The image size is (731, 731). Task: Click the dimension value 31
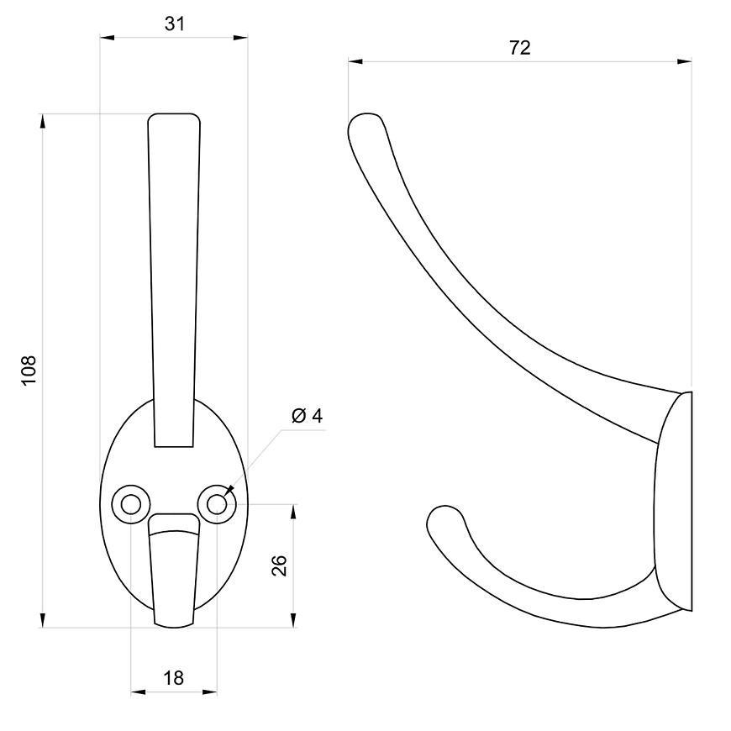coord(175,24)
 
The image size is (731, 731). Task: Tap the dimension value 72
coord(519,48)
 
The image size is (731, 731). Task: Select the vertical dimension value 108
coord(29,371)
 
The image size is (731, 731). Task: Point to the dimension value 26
coord(279,565)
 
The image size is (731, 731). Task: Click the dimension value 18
coord(173,678)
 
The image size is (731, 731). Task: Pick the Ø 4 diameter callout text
coord(308,415)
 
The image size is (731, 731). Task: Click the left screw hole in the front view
coord(131,504)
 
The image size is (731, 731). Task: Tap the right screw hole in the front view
coord(217,504)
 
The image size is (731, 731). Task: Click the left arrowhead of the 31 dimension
coord(108,38)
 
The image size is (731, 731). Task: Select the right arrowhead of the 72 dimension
coord(685,61)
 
